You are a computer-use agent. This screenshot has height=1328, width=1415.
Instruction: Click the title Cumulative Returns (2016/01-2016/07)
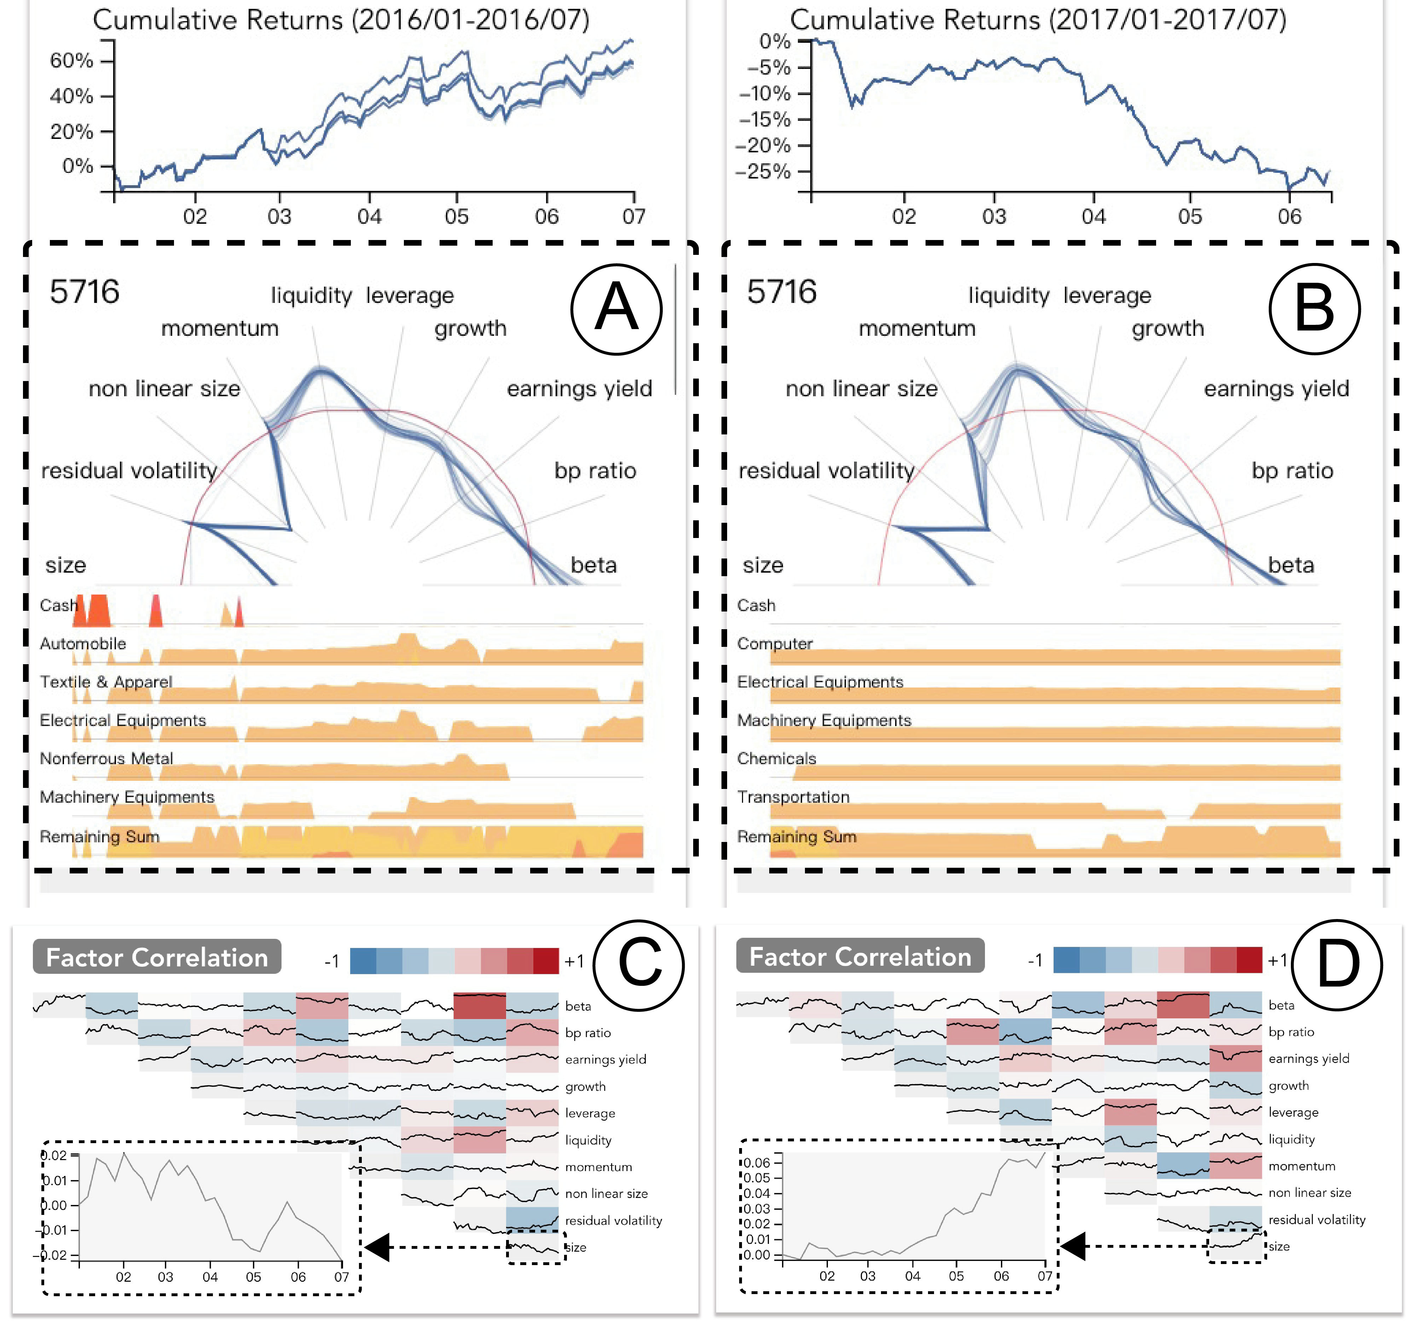(x=341, y=20)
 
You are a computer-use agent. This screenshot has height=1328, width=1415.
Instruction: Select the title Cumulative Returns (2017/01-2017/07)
(x=1038, y=20)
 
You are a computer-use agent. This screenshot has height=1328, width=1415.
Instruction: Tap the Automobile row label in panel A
(x=82, y=644)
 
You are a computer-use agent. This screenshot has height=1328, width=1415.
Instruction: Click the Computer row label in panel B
(x=775, y=644)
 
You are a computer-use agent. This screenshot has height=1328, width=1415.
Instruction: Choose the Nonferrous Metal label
(x=106, y=759)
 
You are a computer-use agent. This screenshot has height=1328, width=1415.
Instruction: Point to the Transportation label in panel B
(x=793, y=797)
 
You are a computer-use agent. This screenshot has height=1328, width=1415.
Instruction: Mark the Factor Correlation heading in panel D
(x=860, y=957)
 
